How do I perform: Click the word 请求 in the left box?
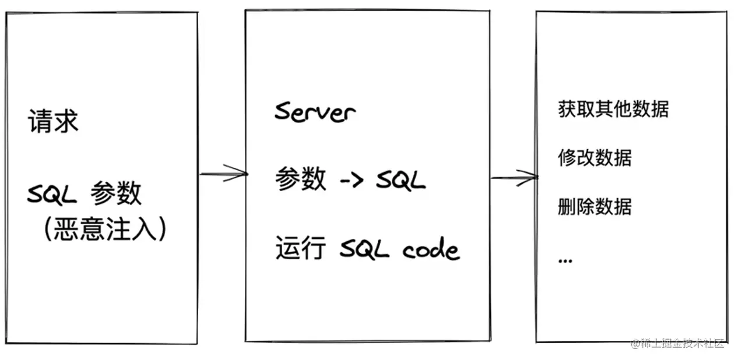(x=53, y=122)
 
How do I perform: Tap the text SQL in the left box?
(x=52, y=195)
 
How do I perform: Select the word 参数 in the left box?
(x=116, y=194)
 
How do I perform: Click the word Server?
(x=315, y=111)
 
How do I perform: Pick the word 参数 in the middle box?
(x=300, y=179)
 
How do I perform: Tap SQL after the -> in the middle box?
(x=400, y=181)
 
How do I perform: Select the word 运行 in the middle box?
(x=300, y=249)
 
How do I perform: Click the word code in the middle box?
(x=431, y=250)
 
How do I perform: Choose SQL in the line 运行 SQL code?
(x=365, y=250)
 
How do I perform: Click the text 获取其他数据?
(x=613, y=110)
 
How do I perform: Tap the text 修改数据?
(x=595, y=158)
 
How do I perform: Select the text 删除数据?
(x=595, y=207)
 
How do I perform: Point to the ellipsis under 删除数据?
(x=565, y=260)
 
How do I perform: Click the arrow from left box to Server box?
(x=224, y=173)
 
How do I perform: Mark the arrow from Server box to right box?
(x=514, y=178)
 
